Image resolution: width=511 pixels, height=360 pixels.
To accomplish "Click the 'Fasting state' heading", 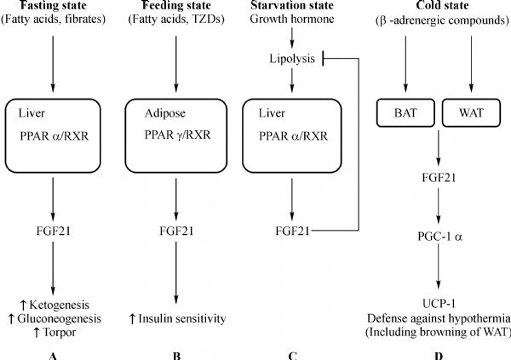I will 52,8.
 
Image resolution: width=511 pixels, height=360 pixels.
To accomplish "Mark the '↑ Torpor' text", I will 52,334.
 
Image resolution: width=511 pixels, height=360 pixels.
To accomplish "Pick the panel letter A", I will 52,354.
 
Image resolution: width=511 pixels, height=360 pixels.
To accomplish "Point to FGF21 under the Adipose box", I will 175,231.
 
